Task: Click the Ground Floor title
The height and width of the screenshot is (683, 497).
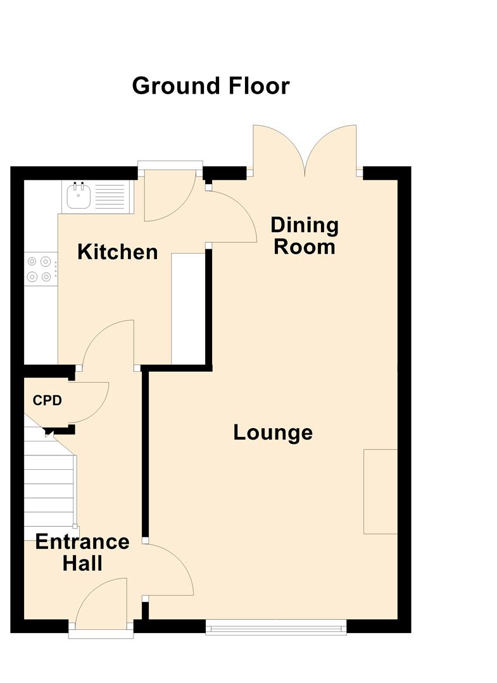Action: (211, 86)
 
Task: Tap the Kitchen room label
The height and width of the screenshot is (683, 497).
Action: (117, 252)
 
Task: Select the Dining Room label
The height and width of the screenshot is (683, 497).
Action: (305, 236)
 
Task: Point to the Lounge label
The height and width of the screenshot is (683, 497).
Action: (273, 432)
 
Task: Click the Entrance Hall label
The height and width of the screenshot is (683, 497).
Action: (82, 552)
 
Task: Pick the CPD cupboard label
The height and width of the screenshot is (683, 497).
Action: (47, 400)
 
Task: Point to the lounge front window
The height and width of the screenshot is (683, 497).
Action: (276, 627)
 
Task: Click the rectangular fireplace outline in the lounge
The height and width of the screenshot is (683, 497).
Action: (381, 491)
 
